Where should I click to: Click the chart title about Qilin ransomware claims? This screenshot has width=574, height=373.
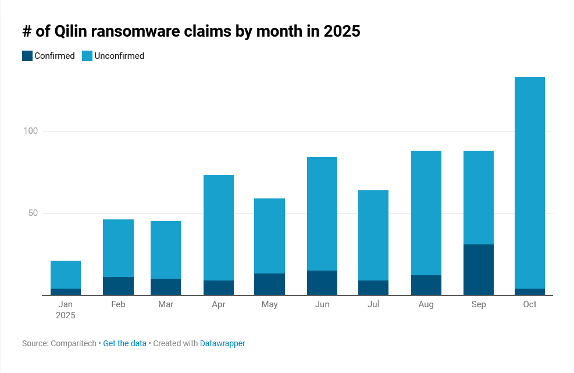[x=191, y=31]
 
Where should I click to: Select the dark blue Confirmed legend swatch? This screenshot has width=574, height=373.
[x=27, y=56]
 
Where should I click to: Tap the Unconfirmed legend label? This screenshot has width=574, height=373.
[x=119, y=56]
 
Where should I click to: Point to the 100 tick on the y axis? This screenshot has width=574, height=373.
[x=30, y=131]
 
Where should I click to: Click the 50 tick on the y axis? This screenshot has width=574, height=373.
[x=33, y=213]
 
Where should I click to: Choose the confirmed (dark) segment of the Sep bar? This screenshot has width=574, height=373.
[x=478, y=269]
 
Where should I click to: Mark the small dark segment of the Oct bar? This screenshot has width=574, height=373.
[x=529, y=292]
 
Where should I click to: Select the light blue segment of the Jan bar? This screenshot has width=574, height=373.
[x=66, y=274]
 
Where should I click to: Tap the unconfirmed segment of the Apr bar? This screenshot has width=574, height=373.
[x=219, y=228]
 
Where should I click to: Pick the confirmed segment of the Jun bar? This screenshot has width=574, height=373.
[x=322, y=283]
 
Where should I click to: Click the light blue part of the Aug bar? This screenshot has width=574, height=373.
[x=426, y=212]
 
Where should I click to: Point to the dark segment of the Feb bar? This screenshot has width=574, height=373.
[x=118, y=286]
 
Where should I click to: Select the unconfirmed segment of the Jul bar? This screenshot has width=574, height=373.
[x=373, y=235]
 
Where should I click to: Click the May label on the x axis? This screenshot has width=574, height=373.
[x=270, y=304]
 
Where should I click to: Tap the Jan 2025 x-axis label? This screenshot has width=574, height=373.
[x=66, y=310]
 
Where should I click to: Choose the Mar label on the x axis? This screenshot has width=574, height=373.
[x=165, y=304]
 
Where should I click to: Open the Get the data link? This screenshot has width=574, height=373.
[x=124, y=343]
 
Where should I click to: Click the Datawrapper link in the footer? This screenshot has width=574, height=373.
[x=222, y=343]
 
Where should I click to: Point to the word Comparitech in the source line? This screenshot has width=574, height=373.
[x=73, y=343]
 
